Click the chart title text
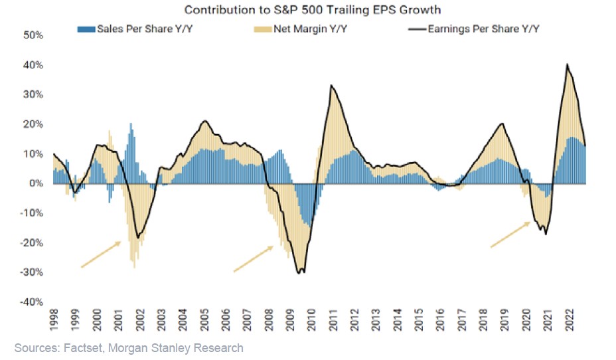313,10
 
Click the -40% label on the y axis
31,302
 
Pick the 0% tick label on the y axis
35,183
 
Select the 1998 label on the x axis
54,321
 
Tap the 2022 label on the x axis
568,321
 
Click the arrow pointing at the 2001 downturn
101,254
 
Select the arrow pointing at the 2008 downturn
254,258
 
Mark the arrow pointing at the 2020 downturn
510,234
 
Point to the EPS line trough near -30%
301,272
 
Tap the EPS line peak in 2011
331,86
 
